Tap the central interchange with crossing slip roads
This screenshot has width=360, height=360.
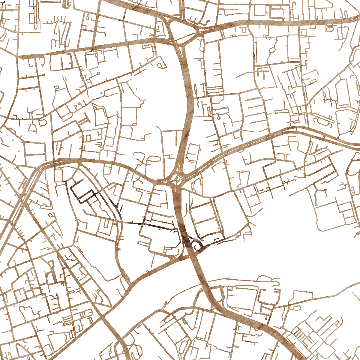click(x=177, y=180)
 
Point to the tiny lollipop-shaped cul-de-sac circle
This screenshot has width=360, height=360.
click(x=98, y=73)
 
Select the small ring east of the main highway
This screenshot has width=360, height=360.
click(x=219, y=118)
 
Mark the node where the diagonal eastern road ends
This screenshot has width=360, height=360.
click(x=305, y=106)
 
